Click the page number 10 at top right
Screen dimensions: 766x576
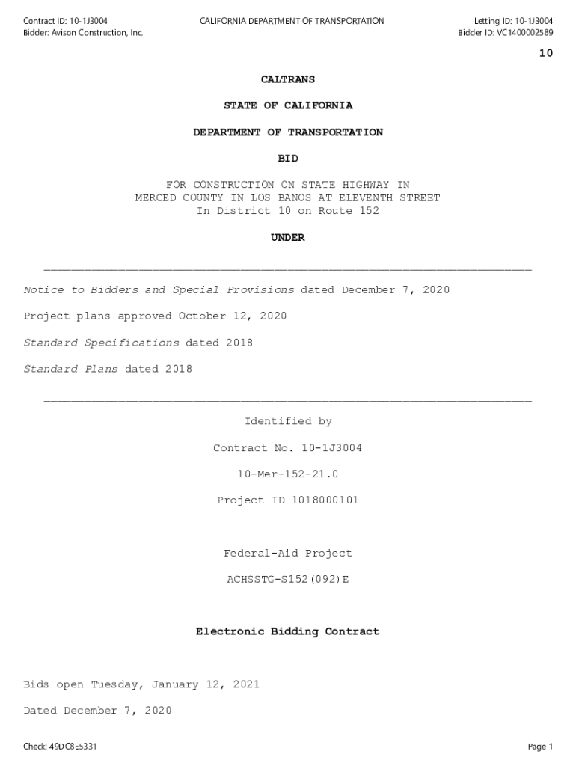(545, 53)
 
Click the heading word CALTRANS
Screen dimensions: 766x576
(287, 79)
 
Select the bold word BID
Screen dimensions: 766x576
(287, 159)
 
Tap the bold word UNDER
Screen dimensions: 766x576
(287, 238)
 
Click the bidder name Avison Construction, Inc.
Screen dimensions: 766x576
(97, 33)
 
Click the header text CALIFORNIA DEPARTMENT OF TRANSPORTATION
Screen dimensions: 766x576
(292, 21)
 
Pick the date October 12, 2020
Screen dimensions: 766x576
(232, 316)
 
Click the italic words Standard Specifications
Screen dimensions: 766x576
(101, 343)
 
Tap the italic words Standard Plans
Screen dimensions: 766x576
(70, 369)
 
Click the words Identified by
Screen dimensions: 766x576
(288, 422)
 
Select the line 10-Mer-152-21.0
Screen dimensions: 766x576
(288, 474)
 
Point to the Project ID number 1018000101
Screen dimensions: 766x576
(322, 500)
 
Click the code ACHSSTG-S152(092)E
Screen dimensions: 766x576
(288, 580)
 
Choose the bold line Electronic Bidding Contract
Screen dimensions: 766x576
(288, 632)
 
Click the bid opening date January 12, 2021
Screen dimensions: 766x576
(206, 685)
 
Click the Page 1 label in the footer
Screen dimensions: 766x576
(540, 747)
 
